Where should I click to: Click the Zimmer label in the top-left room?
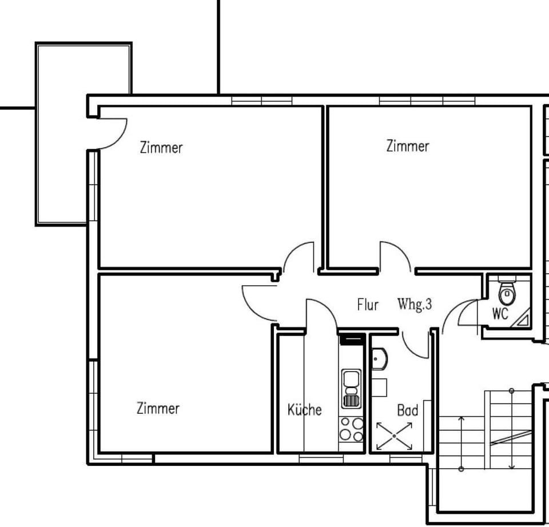point(161,147)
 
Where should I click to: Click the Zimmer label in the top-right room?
point(408,146)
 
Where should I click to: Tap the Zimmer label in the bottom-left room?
point(158,409)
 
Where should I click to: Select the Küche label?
point(304,410)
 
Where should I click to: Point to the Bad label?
point(407,410)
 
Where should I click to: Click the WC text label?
point(500,314)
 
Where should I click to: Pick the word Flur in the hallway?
point(368,305)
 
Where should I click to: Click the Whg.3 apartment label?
point(415,304)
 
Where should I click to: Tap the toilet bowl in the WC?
point(506,294)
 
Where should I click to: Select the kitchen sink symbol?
point(351,389)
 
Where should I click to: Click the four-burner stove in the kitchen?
point(351,429)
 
